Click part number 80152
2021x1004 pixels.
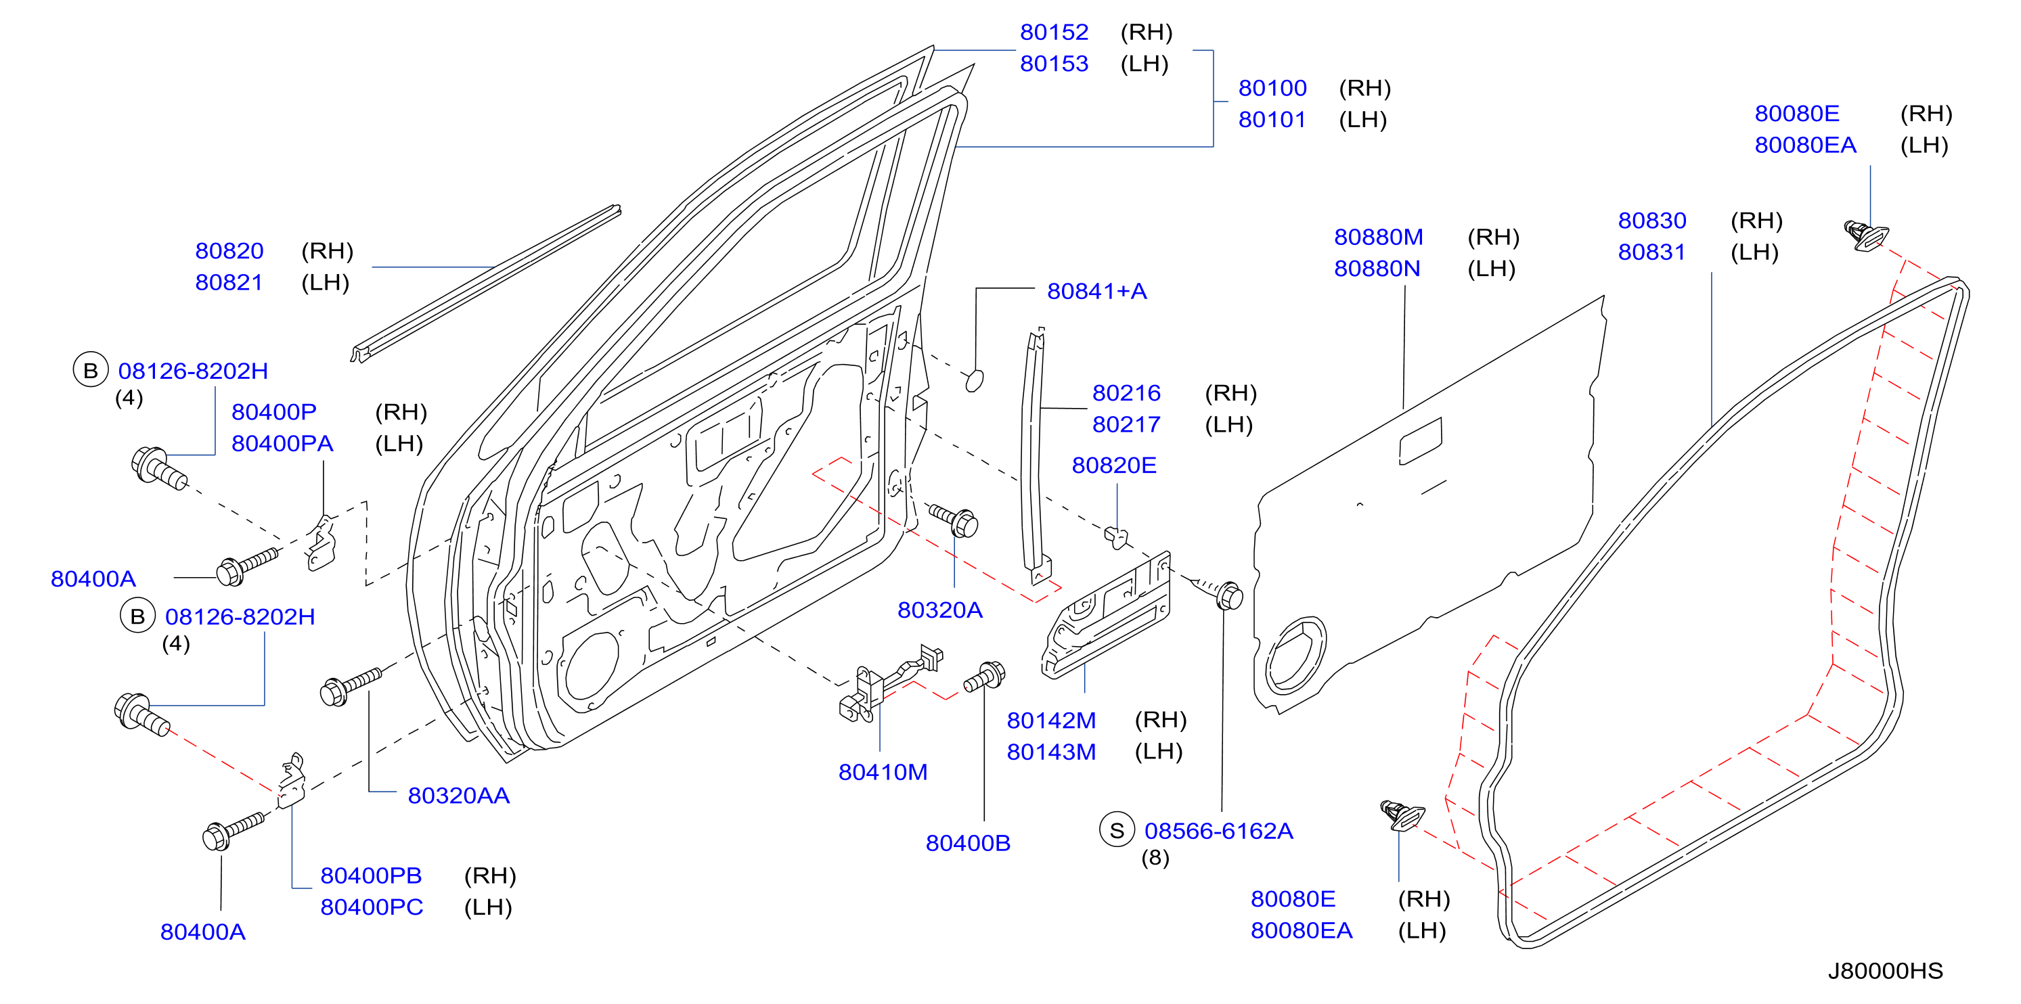pyautogui.click(x=1054, y=32)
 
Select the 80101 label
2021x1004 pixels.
pyautogui.click(x=1272, y=120)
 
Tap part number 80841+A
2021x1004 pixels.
pyautogui.click(x=1097, y=292)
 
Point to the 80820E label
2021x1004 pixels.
pyautogui.click(x=1114, y=466)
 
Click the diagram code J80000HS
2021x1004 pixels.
pyautogui.click(x=1885, y=971)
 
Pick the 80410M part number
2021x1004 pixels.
pyautogui.click(x=883, y=773)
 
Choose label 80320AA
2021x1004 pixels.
pyautogui.click(x=458, y=796)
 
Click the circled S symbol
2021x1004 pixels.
pyautogui.click(x=1117, y=830)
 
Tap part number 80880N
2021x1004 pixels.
pyautogui.click(x=1377, y=269)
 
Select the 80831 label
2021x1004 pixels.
pyautogui.click(x=1651, y=252)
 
